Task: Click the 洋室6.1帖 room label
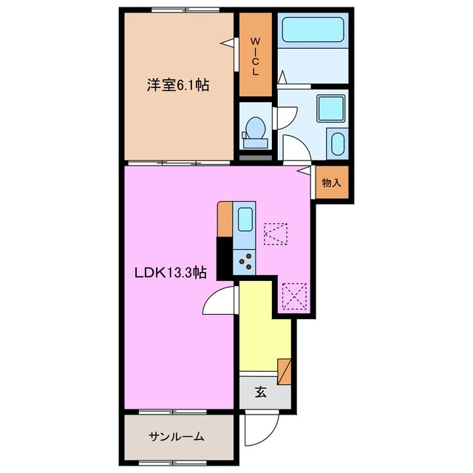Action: [177, 86]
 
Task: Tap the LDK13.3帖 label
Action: [169, 272]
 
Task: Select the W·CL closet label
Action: [255, 56]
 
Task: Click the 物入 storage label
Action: [330, 183]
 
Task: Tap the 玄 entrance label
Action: [261, 392]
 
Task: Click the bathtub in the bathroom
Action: [313, 30]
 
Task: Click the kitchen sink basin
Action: [245, 219]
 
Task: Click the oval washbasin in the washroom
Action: [336, 143]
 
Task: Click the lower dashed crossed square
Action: [294, 297]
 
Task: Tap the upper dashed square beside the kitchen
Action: [275, 234]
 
